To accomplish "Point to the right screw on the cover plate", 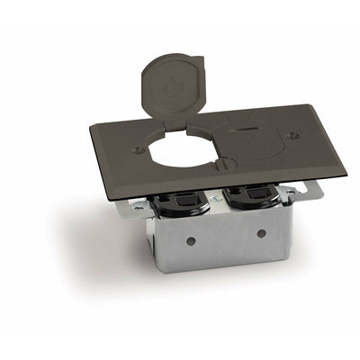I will (x=290, y=135).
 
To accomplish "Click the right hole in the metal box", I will (x=261, y=232).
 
